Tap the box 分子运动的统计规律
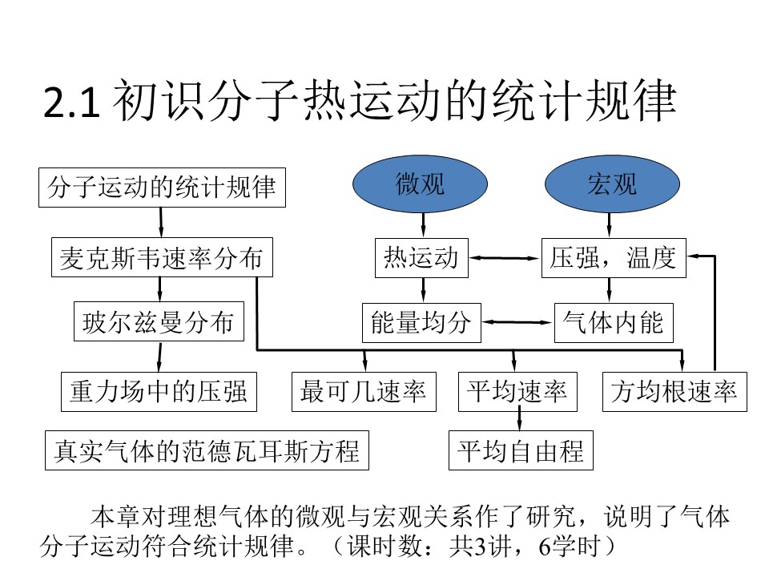(x=162, y=188)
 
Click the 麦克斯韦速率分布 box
(x=161, y=257)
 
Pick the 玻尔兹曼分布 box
(x=159, y=322)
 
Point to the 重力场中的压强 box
(x=159, y=392)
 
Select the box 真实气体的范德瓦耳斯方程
(x=207, y=450)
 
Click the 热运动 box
(x=421, y=257)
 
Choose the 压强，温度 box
(x=614, y=257)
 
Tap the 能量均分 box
(x=421, y=322)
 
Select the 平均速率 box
(x=517, y=392)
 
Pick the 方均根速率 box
(x=674, y=392)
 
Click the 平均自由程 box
(x=520, y=450)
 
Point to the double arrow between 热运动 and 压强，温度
(x=505, y=258)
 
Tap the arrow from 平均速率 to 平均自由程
(x=519, y=421)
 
